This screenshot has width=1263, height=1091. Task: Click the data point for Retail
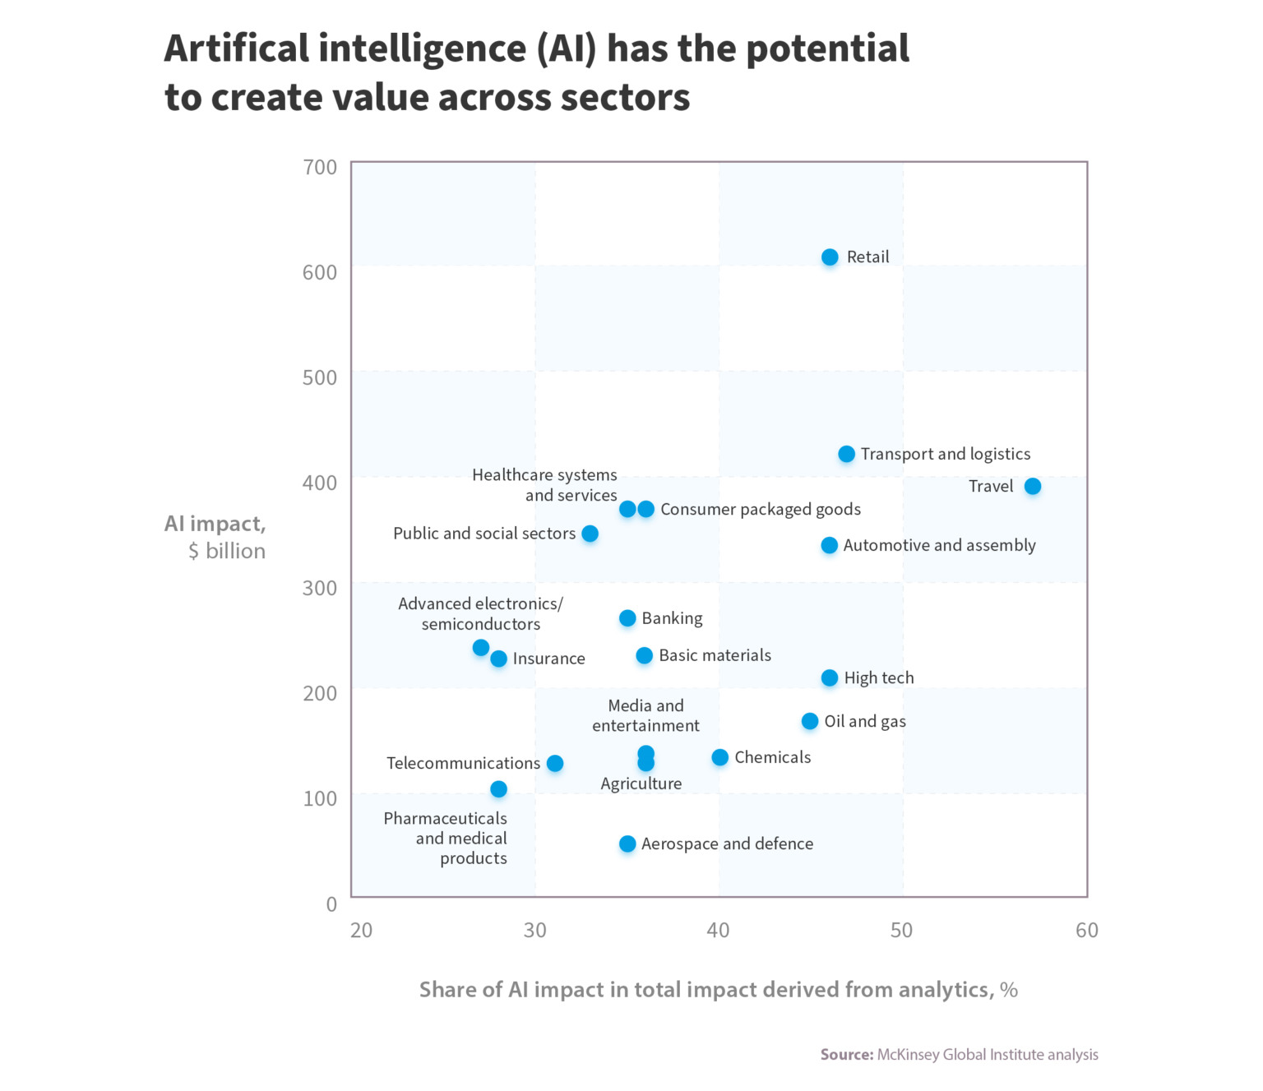(830, 257)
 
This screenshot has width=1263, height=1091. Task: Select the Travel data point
(1032, 487)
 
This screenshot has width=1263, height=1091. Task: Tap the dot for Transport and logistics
(846, 455)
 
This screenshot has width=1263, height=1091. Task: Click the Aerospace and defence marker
(627, 844)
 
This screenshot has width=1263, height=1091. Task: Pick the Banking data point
(627, 618)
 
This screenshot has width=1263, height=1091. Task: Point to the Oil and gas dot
(810, 721)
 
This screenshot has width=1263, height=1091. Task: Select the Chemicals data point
(719, 757)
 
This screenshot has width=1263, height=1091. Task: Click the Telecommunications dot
(555, 764)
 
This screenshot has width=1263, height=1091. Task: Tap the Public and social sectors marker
(590, 534)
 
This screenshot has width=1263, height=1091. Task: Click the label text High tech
(878, 678)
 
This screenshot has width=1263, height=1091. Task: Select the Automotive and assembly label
(939, 546)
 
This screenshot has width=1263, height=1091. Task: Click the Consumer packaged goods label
(760, 510)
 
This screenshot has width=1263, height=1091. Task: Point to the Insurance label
(548, 659)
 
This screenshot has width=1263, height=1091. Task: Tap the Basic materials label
(715, 655)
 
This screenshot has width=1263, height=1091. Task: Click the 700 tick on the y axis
(320, 168)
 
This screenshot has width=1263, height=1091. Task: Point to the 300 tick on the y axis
(320, 589)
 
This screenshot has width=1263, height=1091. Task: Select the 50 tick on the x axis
(901, 931)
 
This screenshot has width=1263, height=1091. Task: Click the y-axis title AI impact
(215, 525)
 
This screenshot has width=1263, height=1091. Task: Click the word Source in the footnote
(845, 1055)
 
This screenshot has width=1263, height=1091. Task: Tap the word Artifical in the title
(236, 49)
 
